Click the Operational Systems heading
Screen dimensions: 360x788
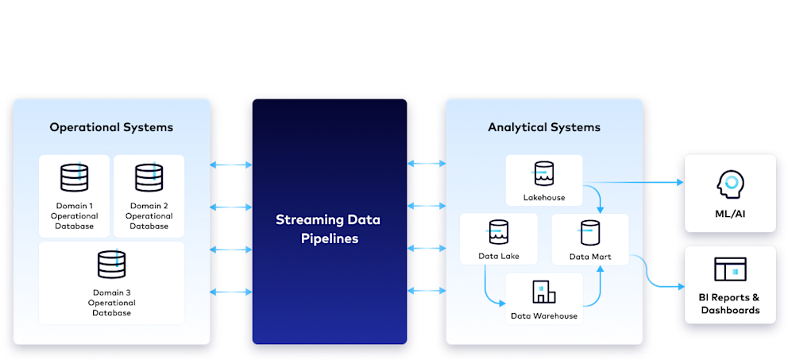click(111, 127)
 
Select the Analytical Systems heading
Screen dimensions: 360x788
click(544, 127)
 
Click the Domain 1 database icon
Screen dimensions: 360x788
click(74, 177)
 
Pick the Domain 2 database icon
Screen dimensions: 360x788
click(149, 177)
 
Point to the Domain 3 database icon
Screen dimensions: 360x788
click(111, 265)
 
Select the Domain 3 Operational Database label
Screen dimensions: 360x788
click(111, 303)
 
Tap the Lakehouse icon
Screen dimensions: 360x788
click(544, 172)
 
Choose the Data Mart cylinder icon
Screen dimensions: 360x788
click(589, 233)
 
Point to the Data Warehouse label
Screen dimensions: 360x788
click(544, 315)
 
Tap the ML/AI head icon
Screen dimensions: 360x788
click(729, 183)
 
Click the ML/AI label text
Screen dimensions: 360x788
click(729, 214)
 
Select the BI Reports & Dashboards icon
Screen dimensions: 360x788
click(729, 269)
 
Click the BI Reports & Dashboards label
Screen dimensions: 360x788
click(729, 304)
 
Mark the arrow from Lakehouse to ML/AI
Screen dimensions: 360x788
click(635, 182)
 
